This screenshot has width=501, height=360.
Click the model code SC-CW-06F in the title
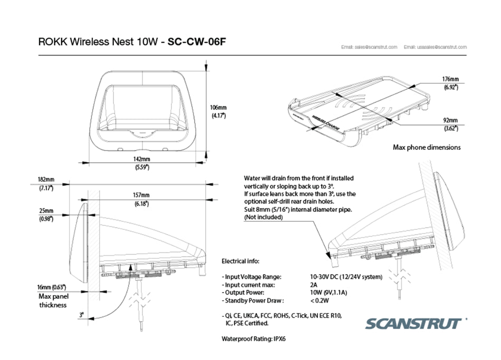197,42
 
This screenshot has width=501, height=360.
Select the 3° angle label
81,315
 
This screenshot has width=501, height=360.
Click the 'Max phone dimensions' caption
426,147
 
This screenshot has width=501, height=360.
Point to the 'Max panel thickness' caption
52,301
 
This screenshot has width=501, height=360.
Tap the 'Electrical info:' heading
240,261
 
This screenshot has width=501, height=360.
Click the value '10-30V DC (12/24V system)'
346,277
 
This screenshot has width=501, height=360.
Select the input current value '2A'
314,285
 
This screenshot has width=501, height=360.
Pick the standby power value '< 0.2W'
320,300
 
